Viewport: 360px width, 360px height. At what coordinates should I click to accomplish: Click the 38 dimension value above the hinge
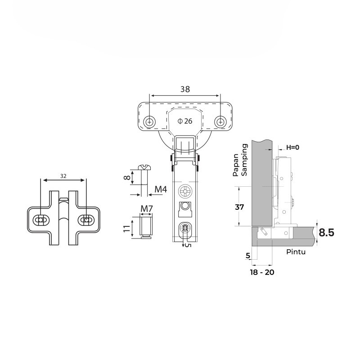[185, 89]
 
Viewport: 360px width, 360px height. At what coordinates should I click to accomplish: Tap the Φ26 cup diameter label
[185, 121]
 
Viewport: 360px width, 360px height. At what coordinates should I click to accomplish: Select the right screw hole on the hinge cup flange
[220, 121]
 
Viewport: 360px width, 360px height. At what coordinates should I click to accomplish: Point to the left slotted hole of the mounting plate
[41, 220]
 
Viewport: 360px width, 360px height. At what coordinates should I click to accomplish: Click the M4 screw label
[161, 189]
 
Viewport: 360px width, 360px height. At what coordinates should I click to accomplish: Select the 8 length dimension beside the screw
[128, 178]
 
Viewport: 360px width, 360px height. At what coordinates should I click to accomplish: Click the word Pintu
[296, 252]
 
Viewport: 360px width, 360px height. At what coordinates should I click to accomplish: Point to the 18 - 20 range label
[263, 272]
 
